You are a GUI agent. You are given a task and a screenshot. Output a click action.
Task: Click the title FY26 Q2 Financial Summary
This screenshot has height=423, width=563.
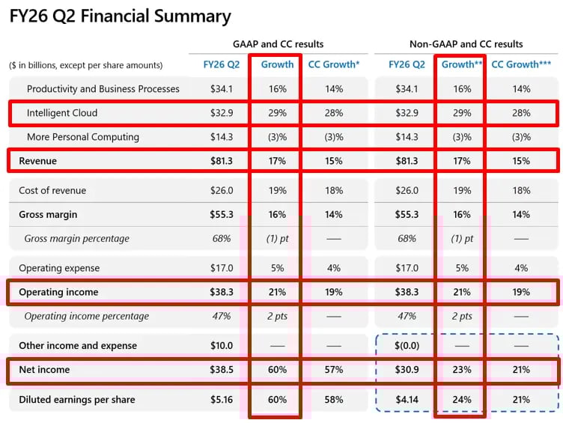tap(120, 16)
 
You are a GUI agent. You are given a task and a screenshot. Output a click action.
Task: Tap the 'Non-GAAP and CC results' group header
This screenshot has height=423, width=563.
tap(466, 44)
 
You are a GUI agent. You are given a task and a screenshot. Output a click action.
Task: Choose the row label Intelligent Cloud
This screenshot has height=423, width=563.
tap(62, 113)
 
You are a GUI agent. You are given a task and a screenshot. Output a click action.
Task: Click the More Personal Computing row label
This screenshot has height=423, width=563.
tap(83, 137)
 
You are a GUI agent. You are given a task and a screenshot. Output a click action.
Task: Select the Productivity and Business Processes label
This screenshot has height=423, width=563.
tap(103, 89)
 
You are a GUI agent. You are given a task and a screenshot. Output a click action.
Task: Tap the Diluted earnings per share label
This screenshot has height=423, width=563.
tap(77, 400)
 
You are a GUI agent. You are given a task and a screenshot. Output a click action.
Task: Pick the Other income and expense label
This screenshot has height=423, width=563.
tap(78, 346)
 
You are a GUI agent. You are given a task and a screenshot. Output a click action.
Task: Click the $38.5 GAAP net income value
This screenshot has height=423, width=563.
tap(222, 370)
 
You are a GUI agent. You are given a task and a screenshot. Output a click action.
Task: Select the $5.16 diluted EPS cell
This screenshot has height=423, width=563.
tap(222, 400)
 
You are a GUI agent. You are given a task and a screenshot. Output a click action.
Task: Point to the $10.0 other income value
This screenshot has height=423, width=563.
tap(222, 346)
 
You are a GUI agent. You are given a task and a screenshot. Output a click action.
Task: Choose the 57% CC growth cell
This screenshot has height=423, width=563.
tap(334, 370)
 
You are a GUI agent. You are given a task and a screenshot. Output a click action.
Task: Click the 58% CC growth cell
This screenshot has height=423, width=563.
tap(334, 400)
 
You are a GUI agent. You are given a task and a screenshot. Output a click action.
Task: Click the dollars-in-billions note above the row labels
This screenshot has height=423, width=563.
tap(86, 65)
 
